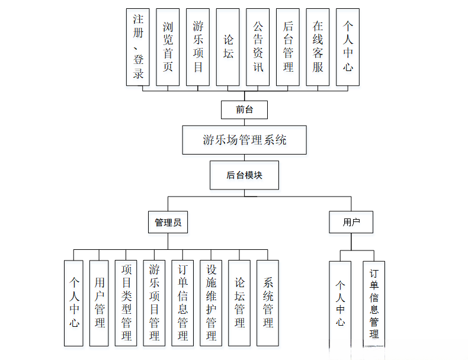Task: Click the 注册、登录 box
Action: pos(137,47)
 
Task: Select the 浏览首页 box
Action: pos(168,47)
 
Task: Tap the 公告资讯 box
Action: pos(258,47)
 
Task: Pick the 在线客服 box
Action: pos(318,47)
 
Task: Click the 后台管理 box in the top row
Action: pos(288,47)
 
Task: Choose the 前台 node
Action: pos(244,110)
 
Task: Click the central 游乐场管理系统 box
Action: pos(244,140)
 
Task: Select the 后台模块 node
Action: pos(244,175)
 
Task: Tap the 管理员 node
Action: pos(168,222)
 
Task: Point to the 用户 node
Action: pos(351,222)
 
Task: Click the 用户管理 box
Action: pos(100,303)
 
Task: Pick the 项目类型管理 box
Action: pos(126,303)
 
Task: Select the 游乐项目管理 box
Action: pos(154,303)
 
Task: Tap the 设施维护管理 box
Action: pos(211,303)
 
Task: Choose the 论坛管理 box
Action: pos(239,303)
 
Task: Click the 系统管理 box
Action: pos(268,303)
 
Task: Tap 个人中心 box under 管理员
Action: pos(74,303)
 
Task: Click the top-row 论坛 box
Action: pos(228,47)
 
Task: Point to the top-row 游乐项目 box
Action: pos(198,47)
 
